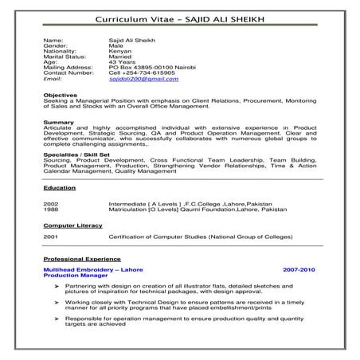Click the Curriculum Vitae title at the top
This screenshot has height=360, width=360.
click(179, 18)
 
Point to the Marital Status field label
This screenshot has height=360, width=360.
click(65, 56)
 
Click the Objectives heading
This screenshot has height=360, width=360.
click(61, 96)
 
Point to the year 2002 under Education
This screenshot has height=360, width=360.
click(50, 204)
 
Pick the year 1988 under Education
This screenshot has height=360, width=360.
click(50, 209)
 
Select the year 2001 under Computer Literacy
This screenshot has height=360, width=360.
click(50, 237)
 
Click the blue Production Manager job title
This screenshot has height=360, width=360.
click(72, 275)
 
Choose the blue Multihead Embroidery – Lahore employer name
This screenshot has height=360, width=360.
click(92, 269)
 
